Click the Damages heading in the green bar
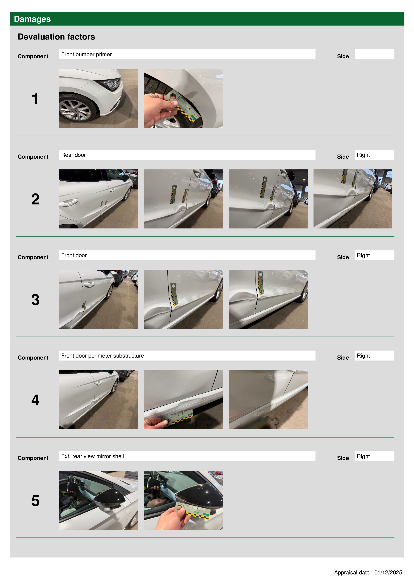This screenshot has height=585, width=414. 32,19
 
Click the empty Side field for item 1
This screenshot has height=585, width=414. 374,54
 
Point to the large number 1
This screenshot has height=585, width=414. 35,99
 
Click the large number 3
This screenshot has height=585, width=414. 35,300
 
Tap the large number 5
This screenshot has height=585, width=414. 35,501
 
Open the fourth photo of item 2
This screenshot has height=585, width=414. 353,199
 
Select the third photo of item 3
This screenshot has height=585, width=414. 268,299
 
